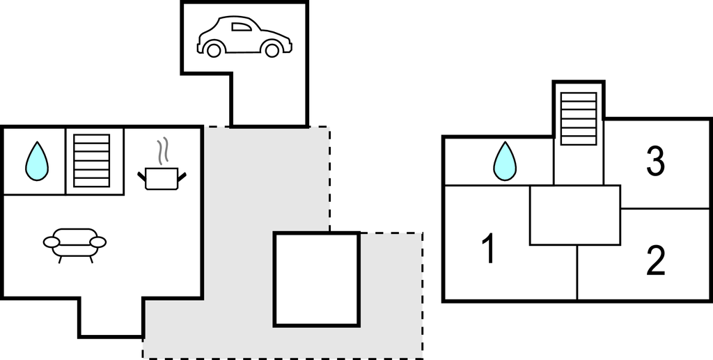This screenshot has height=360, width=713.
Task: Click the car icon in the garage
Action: click(244, 37)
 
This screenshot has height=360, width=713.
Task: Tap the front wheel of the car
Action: click(272, 49)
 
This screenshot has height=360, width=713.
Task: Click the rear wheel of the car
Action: click(214, 49)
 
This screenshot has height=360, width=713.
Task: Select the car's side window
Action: click(241, 27)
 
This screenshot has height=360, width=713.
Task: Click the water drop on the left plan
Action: click(37, 160)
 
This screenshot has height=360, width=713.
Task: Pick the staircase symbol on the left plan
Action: click(92, 160)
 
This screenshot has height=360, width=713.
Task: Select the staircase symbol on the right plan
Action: click(579, 118)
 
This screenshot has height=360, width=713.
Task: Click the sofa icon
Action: click(75, 242)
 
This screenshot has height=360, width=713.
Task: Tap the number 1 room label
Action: click(489, 249)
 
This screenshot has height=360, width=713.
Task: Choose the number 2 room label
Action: click(655, 260)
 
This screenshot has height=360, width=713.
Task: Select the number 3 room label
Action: click(655, 162)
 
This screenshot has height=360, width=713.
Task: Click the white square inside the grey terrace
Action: click(317, 279)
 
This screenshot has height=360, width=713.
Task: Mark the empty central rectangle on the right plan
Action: click(574, 215)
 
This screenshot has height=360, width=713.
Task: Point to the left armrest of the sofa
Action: click(52, 242)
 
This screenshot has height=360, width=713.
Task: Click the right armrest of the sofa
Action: click(98, 242)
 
